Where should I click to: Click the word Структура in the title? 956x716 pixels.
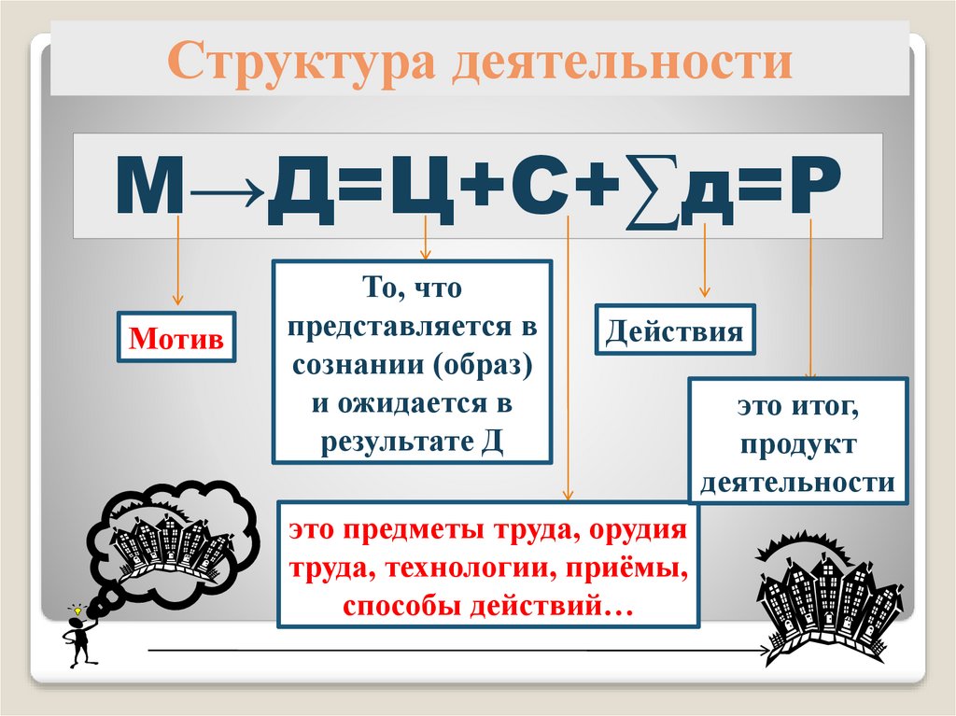299,64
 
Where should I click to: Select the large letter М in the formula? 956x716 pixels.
148,187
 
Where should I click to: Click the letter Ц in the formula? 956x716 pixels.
424,187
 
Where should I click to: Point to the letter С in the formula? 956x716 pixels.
539,187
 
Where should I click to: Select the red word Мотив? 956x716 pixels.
176,338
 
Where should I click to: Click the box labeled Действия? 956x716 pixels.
675,330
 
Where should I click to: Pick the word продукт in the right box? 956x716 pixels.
798,445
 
